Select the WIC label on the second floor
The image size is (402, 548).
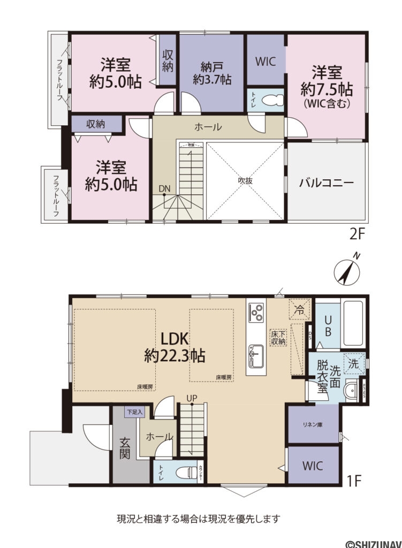[x=266, y=62]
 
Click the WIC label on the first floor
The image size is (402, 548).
[x=313, y=465]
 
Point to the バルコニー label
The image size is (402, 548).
[x=326, y=182]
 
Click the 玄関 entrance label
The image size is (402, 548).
[x=125, y=448]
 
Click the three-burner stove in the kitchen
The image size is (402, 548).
[x=256, y=311]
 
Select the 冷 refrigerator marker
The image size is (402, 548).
[x=300, y=309]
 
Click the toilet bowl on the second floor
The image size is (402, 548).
[x=271, y=101]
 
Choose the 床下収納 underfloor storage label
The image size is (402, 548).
[x=278, y=336]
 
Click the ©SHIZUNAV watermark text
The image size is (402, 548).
[x=372, y=543]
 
